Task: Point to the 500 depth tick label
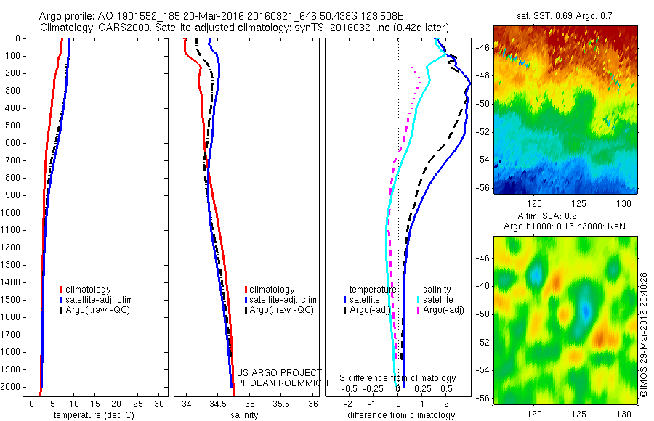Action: click(12, 126)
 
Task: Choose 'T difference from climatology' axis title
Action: click(398, 415)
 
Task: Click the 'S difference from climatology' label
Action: click(398, 378)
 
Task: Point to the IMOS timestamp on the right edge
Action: click(645, 333)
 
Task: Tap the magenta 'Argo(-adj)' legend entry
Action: click(444, 310)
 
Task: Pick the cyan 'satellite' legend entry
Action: click(438, 299)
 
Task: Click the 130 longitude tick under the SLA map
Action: click(623, 414)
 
